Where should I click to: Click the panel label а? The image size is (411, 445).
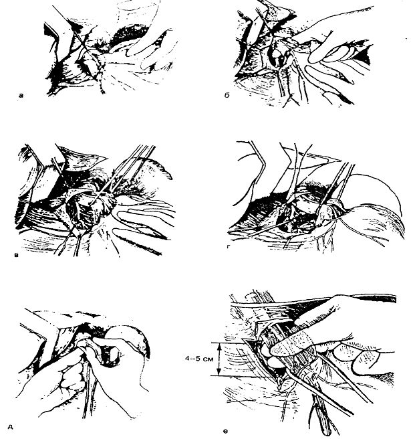point(21,96)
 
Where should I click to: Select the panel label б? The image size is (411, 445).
point(227,96)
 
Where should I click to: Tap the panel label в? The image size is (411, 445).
point(17,256)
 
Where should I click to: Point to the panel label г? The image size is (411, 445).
point(229,248)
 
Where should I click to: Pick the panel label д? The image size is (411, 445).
point(11,427)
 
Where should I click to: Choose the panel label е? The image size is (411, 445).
point(225,432)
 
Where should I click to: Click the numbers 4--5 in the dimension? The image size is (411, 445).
point(192,359)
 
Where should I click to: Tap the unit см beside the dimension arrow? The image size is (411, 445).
point(208,359)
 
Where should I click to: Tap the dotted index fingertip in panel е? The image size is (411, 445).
point(279,349)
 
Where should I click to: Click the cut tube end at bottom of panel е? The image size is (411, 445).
point(326,432)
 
